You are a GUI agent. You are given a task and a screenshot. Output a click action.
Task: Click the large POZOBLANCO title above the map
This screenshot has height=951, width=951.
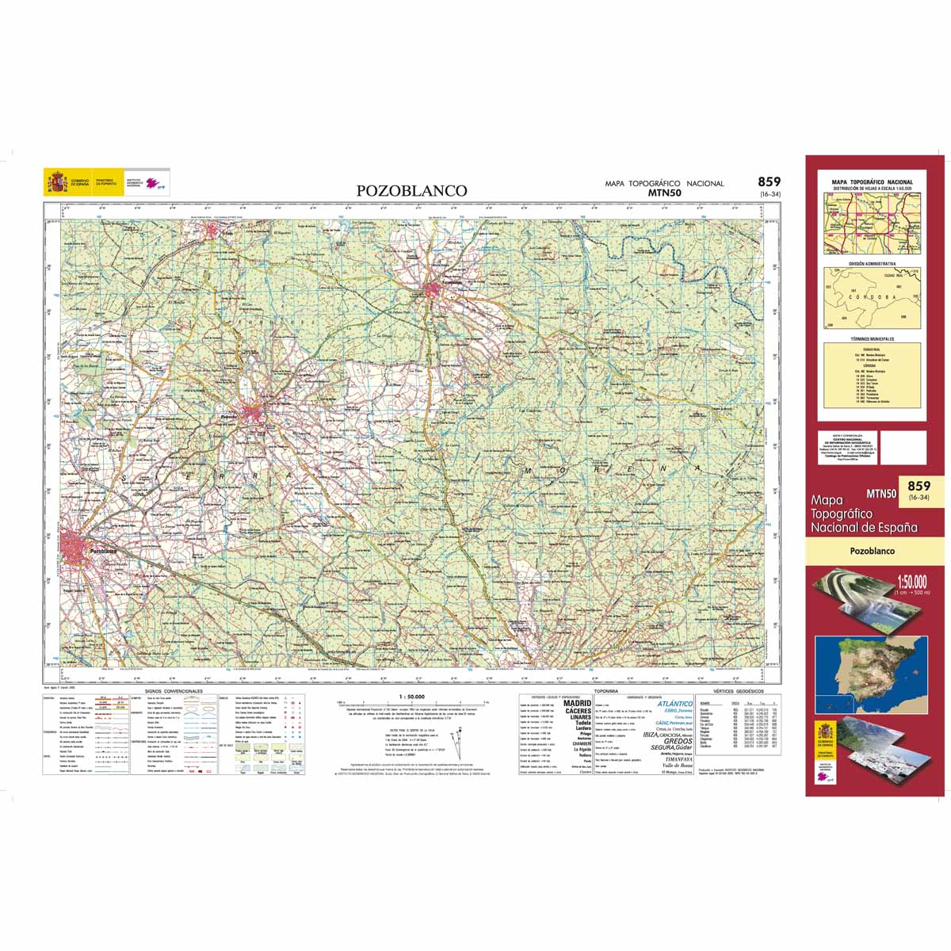[x=411, y=191]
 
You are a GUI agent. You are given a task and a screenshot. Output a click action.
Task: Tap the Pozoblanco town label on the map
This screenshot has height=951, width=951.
[x=104, y=551]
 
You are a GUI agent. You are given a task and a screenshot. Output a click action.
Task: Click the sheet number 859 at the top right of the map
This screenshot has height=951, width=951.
[x=769, y=181]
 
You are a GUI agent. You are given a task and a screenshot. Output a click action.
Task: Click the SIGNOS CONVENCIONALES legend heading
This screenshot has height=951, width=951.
[x=168, y=691]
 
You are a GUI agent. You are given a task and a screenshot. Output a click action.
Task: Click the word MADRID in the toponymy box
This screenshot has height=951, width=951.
[x=577, y=703]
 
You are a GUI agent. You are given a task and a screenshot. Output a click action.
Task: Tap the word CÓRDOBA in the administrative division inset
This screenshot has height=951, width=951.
[x=872, y=297]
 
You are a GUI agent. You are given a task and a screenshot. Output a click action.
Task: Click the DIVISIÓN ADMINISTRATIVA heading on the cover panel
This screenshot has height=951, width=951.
[x=872, y=263]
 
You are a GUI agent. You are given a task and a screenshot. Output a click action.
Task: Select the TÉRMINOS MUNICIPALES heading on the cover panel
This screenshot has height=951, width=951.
[x=872, y=338]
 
